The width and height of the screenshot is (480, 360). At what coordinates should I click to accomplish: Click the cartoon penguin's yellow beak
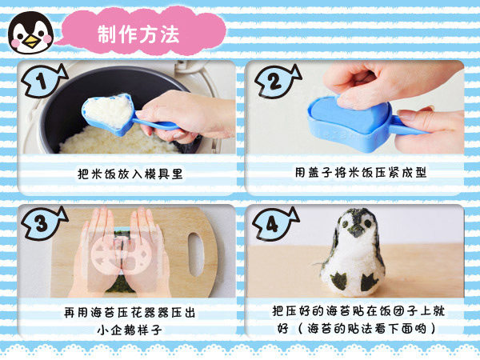(31, 40)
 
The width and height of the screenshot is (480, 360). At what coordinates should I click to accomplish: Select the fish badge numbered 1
(44, 81)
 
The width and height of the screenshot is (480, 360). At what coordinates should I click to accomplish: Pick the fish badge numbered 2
(277, 81)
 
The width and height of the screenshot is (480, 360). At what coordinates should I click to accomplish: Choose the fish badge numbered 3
(44, 223)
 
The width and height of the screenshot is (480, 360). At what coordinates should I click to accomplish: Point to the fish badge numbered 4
(275, 224)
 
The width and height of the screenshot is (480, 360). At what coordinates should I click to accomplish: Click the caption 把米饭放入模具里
(130, 174)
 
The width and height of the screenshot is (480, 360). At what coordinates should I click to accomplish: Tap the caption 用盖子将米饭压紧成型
(361, 172)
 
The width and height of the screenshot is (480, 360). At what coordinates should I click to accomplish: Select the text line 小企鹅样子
(130, 330)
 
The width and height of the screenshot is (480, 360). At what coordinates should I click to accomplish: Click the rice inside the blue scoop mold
(106, 111)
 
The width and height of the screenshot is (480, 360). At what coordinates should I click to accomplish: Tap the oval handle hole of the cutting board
(197, 254)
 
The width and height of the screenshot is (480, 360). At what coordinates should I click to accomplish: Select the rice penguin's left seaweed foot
(340, 281)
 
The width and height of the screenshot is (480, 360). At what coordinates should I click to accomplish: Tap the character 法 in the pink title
(170, 34)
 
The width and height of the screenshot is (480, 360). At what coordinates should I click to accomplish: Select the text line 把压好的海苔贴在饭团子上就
(358, 311)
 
